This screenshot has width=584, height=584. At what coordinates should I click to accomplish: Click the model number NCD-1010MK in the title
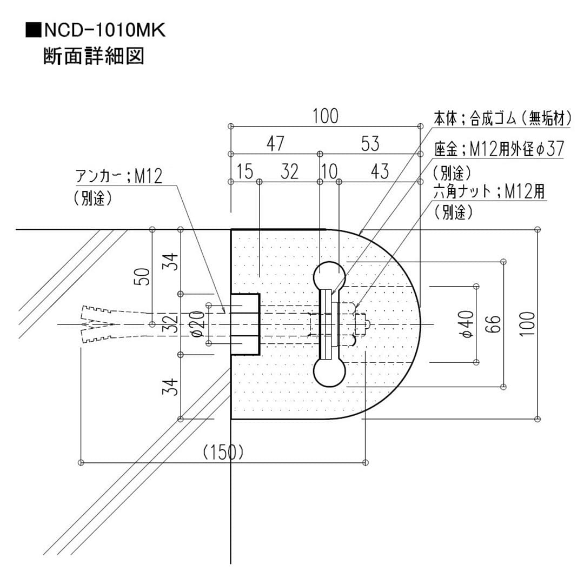[103, 30]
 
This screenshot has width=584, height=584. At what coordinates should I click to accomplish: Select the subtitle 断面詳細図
[94, 57]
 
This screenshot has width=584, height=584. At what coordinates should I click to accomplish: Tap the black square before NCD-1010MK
[32, 30]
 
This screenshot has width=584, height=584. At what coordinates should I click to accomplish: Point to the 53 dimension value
[370, 144]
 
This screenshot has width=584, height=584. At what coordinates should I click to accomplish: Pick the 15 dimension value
[245, 172]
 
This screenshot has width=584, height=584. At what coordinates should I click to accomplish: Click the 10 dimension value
[329, 172]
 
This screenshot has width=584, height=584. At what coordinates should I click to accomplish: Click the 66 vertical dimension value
[494, 324]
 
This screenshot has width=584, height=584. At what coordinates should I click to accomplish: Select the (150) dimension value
[223, 452]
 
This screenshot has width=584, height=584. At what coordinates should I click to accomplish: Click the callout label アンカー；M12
[118, 176]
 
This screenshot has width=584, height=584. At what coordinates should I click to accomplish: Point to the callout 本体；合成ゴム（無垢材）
[502, 118]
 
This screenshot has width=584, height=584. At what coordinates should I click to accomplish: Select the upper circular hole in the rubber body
[329, 276]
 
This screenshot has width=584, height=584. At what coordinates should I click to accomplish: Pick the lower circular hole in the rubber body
[329, 373]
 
